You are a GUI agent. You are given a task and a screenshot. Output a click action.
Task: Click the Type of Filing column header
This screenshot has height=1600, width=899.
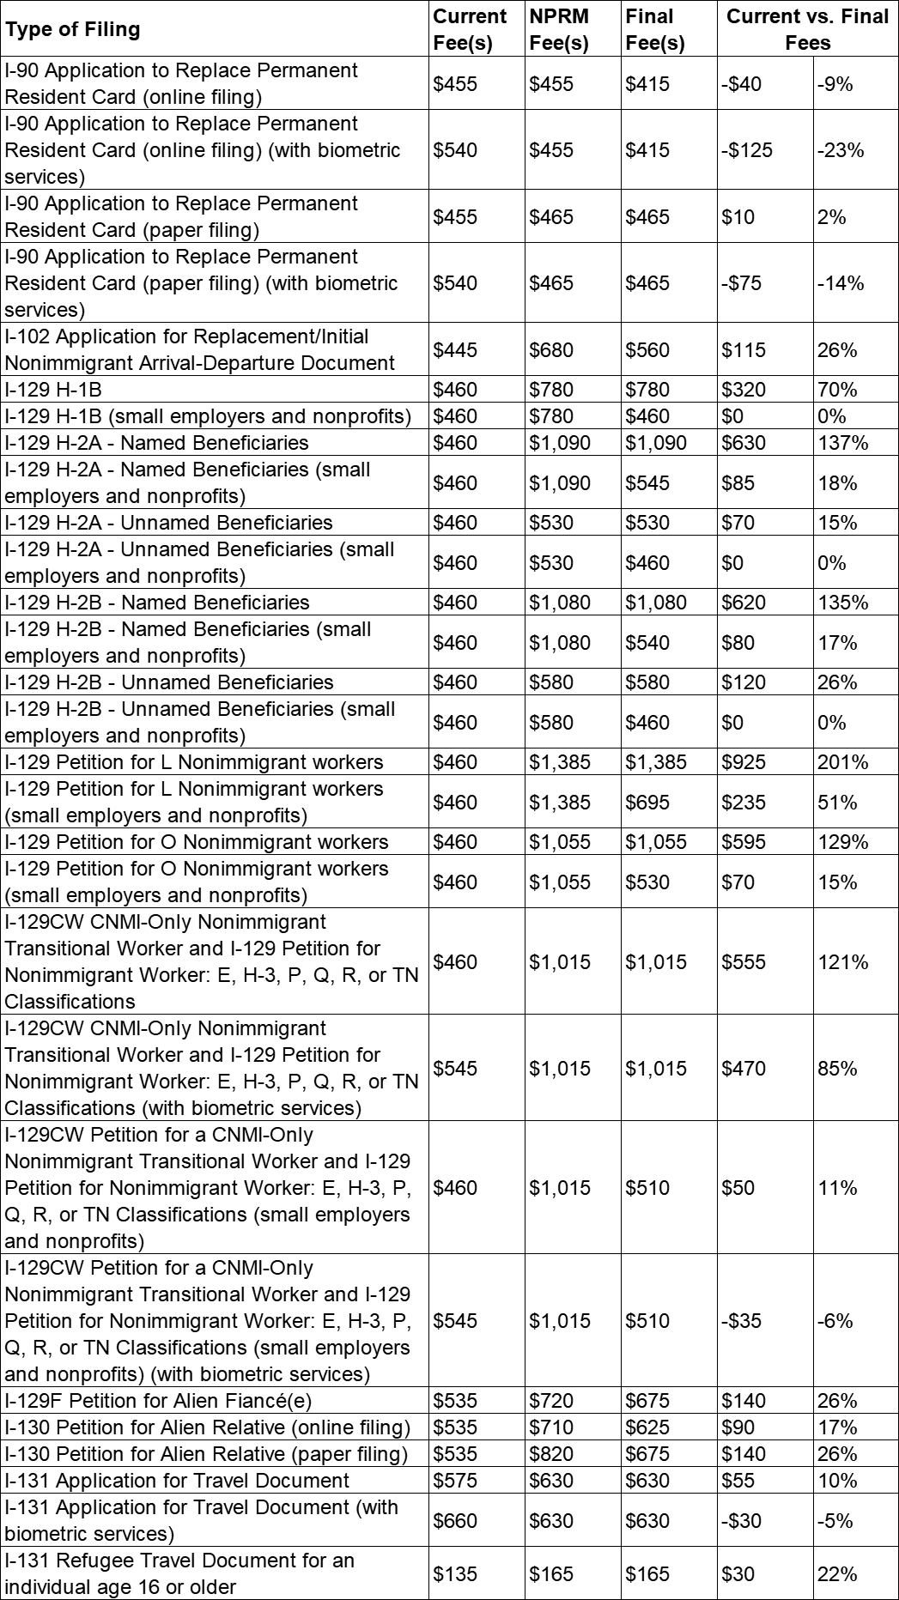tap(72, 29)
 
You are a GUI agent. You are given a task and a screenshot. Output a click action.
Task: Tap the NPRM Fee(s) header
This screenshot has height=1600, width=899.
tap(559, 29)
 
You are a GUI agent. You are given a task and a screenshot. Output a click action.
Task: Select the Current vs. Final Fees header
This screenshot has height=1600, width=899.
tap(807, 29)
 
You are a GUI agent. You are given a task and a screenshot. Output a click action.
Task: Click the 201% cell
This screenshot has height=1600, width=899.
tap(843, 762)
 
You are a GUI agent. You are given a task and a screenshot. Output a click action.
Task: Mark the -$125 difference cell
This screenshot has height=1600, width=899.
tap(747, 150)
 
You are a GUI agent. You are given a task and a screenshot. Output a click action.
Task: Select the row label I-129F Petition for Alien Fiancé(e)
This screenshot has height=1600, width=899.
tap(158, 1401)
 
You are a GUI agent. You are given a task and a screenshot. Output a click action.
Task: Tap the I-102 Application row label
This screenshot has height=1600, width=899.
tap(199, 350)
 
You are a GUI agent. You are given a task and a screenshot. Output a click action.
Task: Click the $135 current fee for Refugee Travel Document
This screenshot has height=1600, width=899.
tap(455, 1573)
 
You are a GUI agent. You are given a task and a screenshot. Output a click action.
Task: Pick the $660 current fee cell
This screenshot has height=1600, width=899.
tap(455, 1520)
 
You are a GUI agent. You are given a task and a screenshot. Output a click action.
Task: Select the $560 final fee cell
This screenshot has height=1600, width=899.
tap(647, 350)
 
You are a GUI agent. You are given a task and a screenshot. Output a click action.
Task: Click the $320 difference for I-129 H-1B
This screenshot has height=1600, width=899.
tap(744, 390)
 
